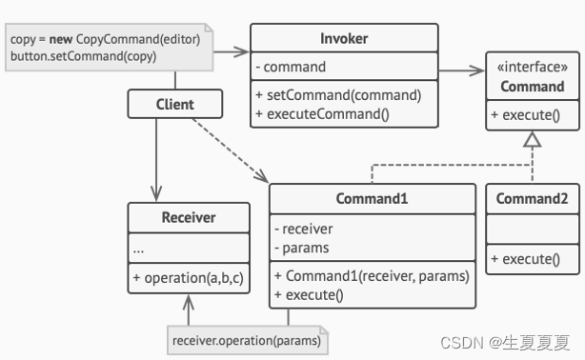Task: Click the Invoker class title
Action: (x=344, y=39)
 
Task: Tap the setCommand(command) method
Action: (x=338, y=94)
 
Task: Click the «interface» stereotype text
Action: (x=533, y=68)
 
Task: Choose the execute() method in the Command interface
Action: (x=525, y=115)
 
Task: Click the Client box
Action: (x=173, y=104)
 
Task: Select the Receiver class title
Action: (x=188, y=217)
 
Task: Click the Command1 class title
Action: (x=372, y=199)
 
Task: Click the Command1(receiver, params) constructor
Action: (x=372, y=276)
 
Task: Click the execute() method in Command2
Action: (x=525, y=257)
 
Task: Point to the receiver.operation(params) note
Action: (x=245, y=340)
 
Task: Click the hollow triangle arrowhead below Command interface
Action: (x=533, y=141)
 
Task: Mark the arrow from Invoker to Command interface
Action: (x=462, y=68)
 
